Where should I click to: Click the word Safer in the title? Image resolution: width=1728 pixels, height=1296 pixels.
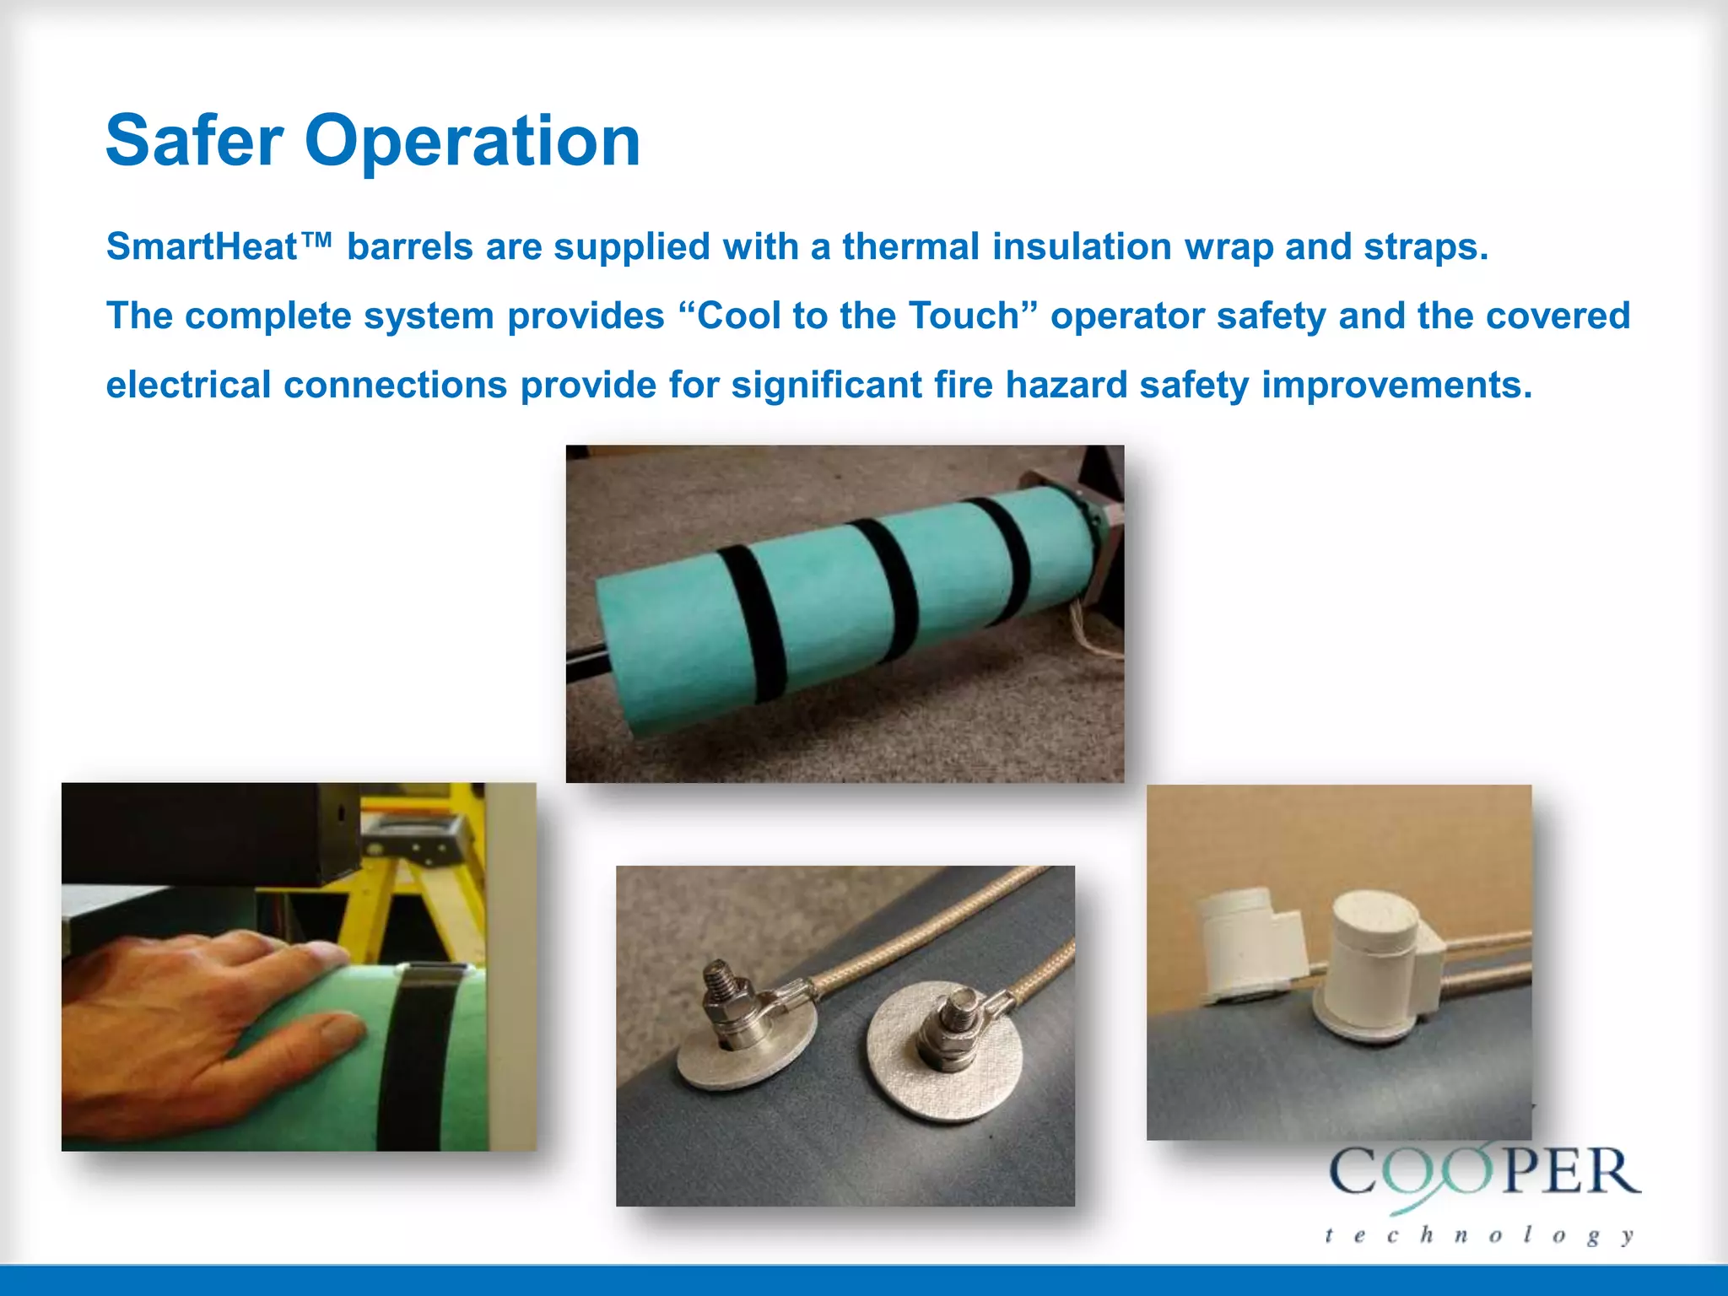pos(194,141)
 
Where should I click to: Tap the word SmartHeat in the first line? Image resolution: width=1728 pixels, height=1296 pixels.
pos(202,247)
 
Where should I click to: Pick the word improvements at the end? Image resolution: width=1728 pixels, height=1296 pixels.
pos(1396,386)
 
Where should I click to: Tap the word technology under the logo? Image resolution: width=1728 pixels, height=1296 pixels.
pos(1480,1235)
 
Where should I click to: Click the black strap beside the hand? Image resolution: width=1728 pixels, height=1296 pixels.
pos(422,1063)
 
